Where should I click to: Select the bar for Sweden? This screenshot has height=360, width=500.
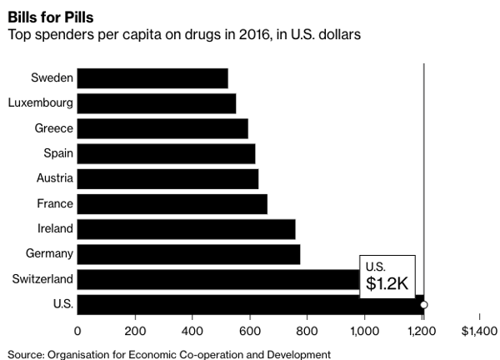click(x=152, y=78)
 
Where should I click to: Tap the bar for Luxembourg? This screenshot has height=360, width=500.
click(x=157, y=103)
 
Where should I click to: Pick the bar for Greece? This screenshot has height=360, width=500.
click(x=162, y=128)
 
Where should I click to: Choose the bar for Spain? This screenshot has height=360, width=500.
click(x=166, y=153)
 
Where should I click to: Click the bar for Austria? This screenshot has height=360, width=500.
click(x=167, y=178)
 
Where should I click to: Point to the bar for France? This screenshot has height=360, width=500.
click(x=172, y=203)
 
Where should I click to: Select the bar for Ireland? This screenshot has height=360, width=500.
click(x=187, y=228)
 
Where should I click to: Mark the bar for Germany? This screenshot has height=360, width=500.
click(x=189, y=253)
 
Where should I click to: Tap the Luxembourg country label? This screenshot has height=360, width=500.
click(x=40, y=103)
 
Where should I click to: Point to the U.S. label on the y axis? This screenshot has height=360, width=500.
click(x=61, y=303)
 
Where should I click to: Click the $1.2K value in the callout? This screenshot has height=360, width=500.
click(x=386, y=282)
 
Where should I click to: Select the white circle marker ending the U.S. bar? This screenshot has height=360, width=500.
click(x=424, y=305)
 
